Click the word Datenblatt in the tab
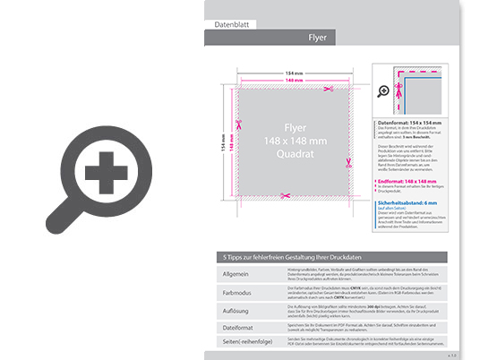[x=227, y=21]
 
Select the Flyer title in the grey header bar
[x=317, y=38]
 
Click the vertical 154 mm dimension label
[x=224, y=141]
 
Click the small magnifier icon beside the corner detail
[x=383, y=90]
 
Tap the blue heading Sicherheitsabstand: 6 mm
[x=414, y=203]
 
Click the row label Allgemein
[x=234, y=273]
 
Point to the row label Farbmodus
[x=235, y=291]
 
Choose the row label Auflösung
[x=235, y=310]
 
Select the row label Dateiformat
[x=236, y=329]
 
